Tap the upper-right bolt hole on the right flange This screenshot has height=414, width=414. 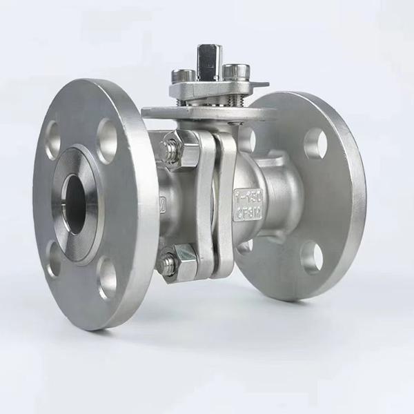point(315,141)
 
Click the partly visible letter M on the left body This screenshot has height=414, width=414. point(163,204)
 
